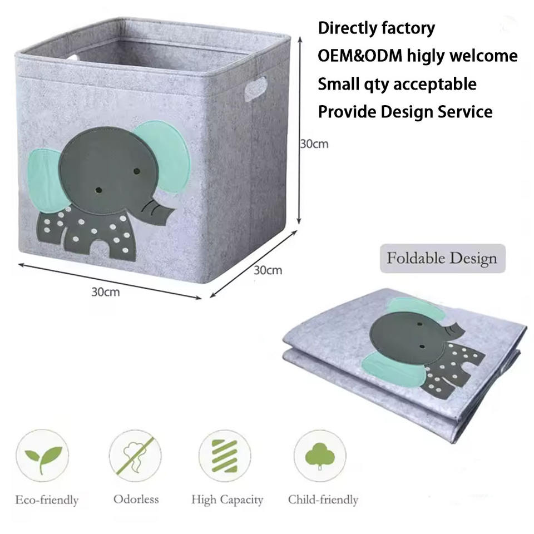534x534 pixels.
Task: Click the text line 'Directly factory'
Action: [376, 28]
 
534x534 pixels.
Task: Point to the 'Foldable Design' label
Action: [442, 259]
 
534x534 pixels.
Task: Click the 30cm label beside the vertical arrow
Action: [314, 144]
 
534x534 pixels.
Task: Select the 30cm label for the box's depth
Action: [268, 271]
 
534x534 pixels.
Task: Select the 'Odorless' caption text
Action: [136, 499]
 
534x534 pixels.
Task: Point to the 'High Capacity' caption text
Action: [227, 500]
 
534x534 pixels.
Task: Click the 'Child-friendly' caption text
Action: [323, 500]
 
